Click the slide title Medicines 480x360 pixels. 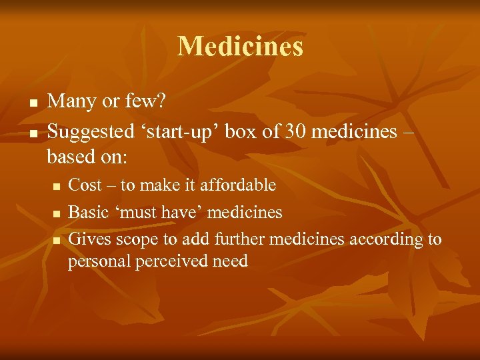(240, 46)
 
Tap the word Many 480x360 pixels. (70, 101)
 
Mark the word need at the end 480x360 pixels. (231, 261)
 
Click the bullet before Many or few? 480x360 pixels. (31, 103)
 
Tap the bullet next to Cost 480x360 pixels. (57, 186)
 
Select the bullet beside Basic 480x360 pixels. (57, 213)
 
